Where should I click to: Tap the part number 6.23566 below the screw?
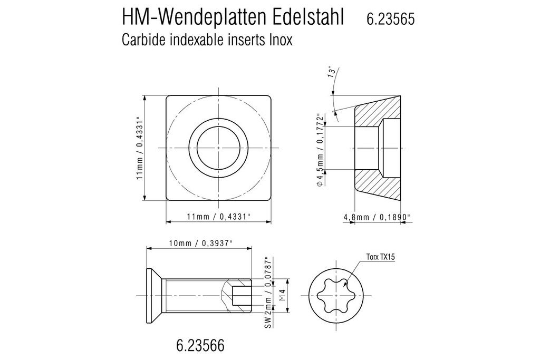click(200, 346)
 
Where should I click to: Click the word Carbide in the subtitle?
click(142, 40)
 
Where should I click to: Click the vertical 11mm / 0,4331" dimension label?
click(140, 148)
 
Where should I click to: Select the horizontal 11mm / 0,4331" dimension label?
click(218, 217)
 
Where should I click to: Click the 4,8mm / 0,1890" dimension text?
click(377, 217)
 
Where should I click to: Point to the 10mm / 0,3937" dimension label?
click(200, 243)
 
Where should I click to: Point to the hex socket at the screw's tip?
click(240, 296)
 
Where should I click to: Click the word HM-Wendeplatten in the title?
click(192, 17)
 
